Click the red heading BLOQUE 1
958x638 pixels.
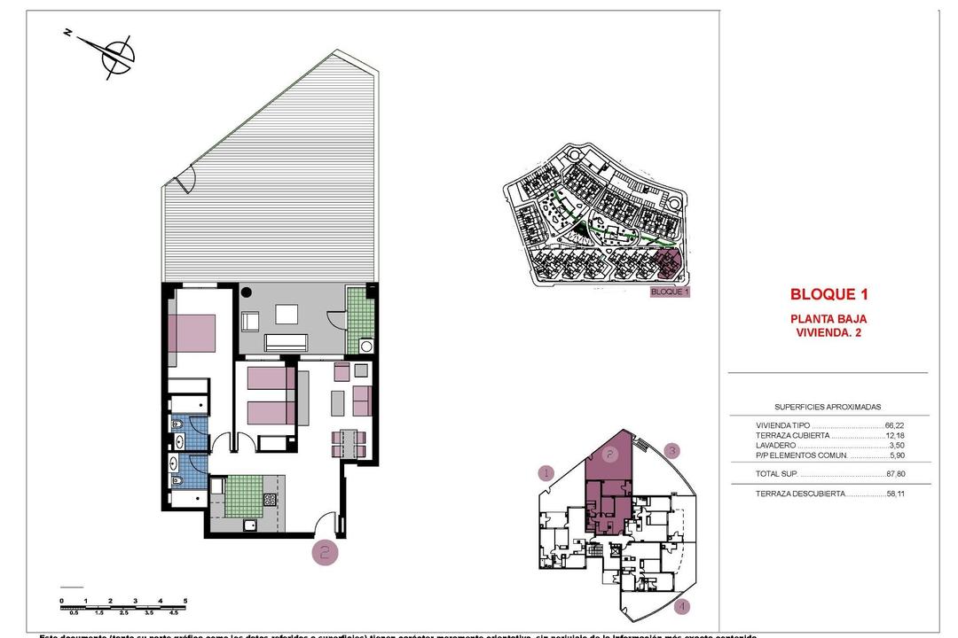click(x=828, y=295)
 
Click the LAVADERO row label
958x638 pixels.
click(x=777, y=446)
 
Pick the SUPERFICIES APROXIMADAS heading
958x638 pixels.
click(x=828, y=407)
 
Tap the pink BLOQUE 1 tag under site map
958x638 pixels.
click(x=670, y=291)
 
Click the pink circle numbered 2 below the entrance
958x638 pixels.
click(x=325, y=554)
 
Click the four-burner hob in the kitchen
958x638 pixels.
click(x=271, y=498)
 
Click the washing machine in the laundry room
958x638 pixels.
click(x=365, y=346)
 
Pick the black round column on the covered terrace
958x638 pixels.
click(x=247, y=292)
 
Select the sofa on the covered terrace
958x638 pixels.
click(x=287, y=341)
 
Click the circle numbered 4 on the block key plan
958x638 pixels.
click(x=681, y=607)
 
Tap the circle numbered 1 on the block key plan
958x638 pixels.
click(x=546, y=473)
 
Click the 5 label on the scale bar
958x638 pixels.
click(x=185, y=601)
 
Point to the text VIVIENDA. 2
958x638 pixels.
click(x=828, y=333)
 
